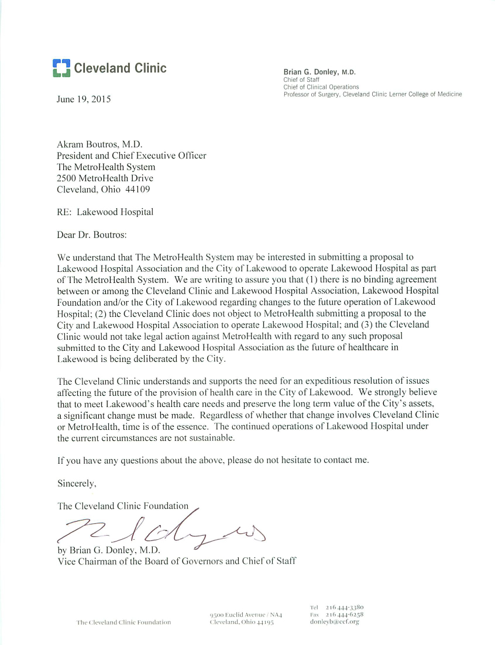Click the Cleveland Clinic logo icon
[x=61, y=68]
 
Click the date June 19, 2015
[x=83, y=99]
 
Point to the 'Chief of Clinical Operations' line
[x=321, y=87]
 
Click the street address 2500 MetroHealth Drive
[x=105, y=178]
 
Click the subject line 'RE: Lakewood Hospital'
[x=105, y=212]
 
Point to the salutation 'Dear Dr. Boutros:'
[x=91, y=234]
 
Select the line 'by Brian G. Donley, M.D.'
[x=108, y=550]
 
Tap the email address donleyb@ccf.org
[x=334, y=622]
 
